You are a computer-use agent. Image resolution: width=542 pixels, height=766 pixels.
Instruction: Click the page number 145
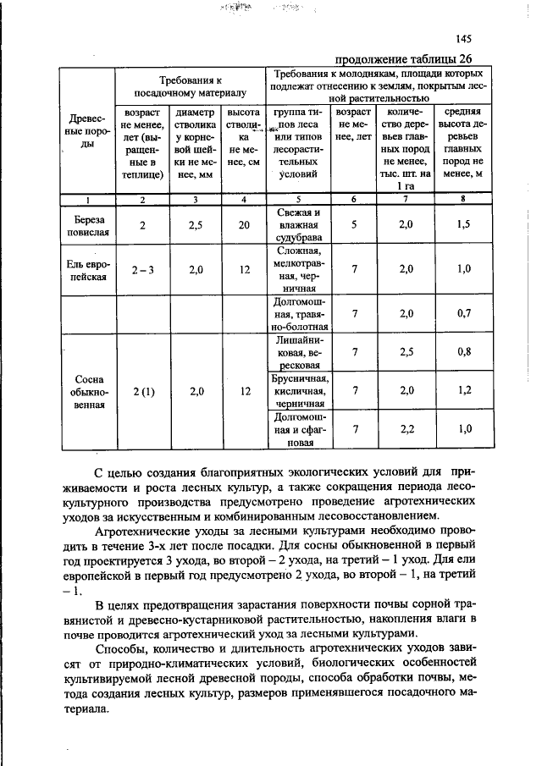coord(462,39)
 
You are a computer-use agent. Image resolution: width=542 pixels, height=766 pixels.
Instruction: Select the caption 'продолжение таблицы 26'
coord(403,58)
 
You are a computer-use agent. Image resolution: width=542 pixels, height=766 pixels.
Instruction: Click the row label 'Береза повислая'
coord(88,225)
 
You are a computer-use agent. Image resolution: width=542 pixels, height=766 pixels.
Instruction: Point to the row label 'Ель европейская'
coord(88,269)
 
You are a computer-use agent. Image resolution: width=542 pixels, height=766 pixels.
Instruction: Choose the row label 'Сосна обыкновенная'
coord(88,391)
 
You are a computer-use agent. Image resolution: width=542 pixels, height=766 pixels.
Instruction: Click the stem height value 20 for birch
coord(244,225)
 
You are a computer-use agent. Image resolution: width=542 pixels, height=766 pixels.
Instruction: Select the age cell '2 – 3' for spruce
coord(142,269)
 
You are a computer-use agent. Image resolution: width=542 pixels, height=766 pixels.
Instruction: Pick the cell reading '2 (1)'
coord(142,391)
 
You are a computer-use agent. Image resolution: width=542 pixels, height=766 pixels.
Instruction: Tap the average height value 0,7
coord(464,313)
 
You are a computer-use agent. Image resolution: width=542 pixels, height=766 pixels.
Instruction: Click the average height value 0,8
coord(464,351)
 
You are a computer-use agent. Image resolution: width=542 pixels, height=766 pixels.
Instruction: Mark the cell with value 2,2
coord(405,429)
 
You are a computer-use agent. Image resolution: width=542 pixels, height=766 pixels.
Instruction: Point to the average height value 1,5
coord(464,225)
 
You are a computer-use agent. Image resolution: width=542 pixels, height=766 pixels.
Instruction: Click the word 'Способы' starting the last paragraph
coord(121,649)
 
